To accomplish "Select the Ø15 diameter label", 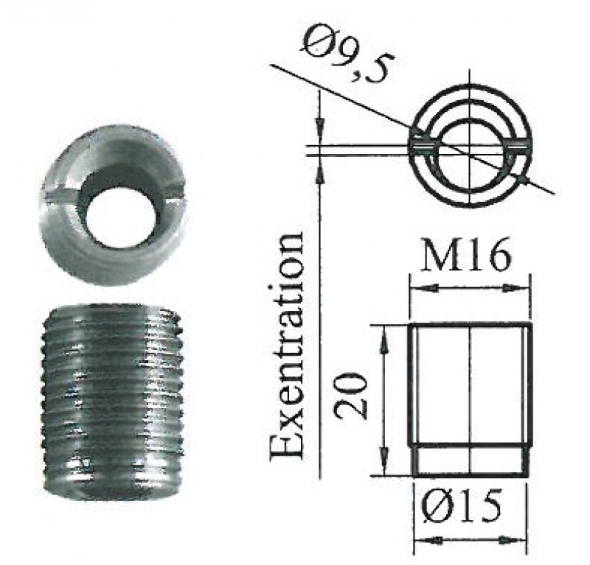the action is point(461,505).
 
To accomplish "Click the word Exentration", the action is point(287,344).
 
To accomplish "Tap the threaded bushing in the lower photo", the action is point(112,402).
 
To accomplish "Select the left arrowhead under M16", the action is point(423,288).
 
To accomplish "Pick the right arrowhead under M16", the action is point(517,288).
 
